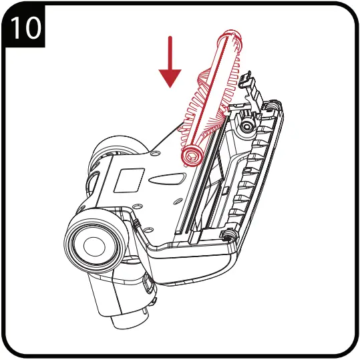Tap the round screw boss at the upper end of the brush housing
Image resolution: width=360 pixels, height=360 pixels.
tap(248, 125)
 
